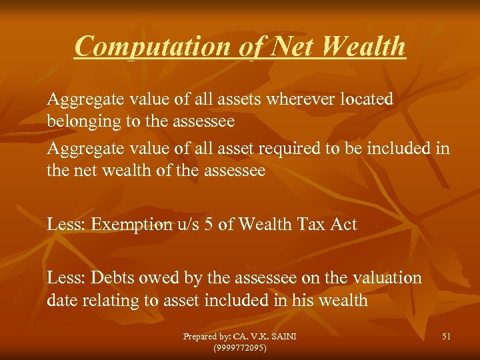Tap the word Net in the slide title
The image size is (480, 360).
(272, 46)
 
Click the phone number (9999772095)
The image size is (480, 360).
(239, 348)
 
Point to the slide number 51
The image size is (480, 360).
(446, 337)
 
